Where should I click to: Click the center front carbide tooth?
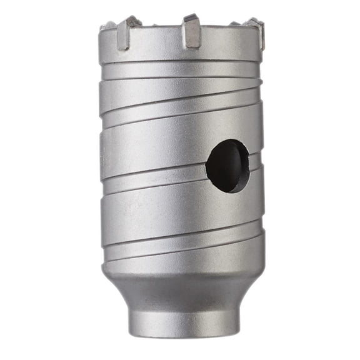192,32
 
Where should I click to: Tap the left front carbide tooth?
126,32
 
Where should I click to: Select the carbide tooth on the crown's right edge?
256,36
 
